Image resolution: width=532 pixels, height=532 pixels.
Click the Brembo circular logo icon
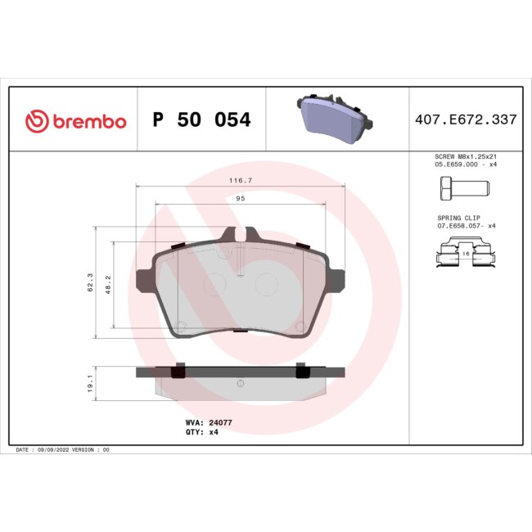click(x=36, y=121)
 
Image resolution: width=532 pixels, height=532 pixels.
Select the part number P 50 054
click(x=201, y=120)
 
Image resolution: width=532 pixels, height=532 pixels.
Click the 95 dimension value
click(x=241, y=198)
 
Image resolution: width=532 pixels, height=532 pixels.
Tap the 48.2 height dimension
click(x=107, y=284)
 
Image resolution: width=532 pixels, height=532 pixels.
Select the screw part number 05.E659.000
click(x=456, y=165)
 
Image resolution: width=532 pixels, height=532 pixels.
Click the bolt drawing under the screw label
click(x=459, y=189)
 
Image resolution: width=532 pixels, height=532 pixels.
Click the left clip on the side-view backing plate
click(x=176, y=371)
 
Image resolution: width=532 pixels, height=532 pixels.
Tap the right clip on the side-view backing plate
click(x=301, y=371)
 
